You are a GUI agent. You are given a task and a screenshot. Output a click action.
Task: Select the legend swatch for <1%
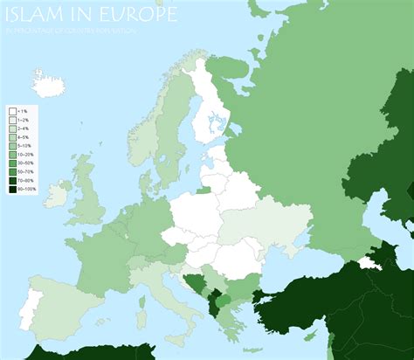click(12, 112)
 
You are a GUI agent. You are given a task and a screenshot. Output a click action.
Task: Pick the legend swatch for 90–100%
click(12, 189)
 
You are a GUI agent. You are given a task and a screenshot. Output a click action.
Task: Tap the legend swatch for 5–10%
click(12, 146)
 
